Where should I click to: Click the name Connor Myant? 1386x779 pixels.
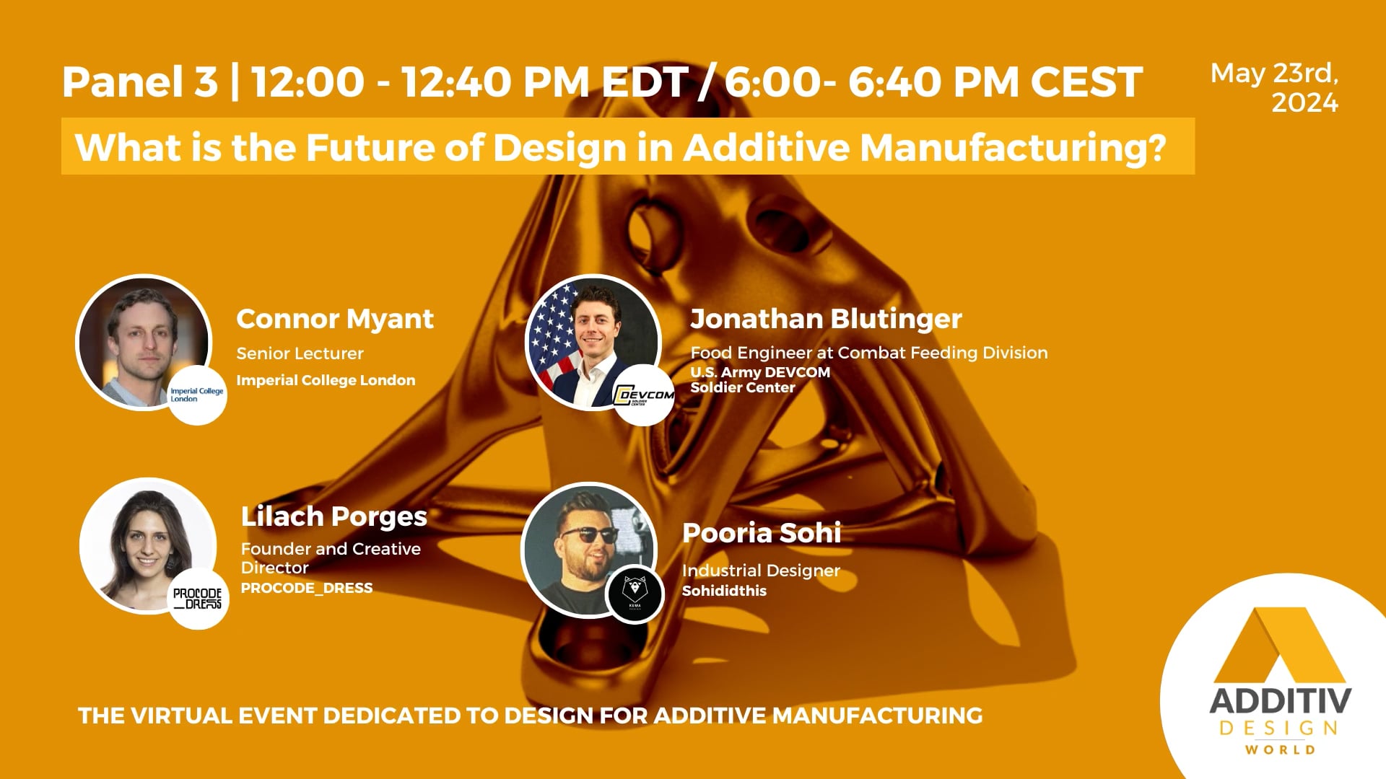[335, 319]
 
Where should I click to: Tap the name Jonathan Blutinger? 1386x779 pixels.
[826, 319]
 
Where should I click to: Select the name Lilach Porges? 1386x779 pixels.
[334, 516]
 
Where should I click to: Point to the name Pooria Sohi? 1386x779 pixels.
[762, 533]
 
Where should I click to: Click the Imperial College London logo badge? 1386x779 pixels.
[196, 395]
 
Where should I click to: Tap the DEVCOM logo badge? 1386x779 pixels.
[643, 395]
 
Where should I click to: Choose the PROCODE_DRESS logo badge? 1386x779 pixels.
[197, 599]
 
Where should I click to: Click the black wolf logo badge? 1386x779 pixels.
[635, 593]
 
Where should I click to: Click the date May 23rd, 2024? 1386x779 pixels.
[1275, 88]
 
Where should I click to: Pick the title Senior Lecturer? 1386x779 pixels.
[300, 353]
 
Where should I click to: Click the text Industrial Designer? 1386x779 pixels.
[761, 571]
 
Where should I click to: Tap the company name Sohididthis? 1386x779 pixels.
[724, 591]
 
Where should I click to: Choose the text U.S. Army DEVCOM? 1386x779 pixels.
[760, 372]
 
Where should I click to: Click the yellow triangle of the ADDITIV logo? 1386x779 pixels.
[1280, 646]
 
